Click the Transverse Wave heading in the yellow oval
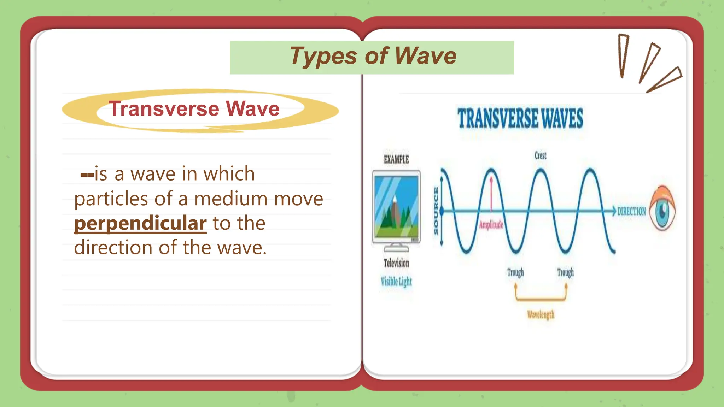(x=194, y=108)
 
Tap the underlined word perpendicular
(x=140, y=223)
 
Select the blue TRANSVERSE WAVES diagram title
(x=520, y=118)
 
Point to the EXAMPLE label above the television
(x=396, y=160)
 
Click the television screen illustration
(x=396, y=207)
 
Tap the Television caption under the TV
(x=396, y=263)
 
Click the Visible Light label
(x=396, y=282)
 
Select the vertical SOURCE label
(x=436, y=211)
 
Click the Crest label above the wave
(x=540, y=155)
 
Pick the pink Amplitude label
(x=491, y=225)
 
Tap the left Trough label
(x=515, y=272)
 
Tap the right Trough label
(x=565, y=272)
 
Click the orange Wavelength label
(x=541, y=314)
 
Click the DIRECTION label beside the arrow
(x=631, y=211)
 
